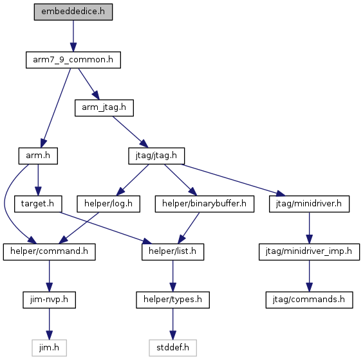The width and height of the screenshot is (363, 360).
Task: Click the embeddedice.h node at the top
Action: point(73,12)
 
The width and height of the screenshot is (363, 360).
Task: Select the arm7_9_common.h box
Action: point(73,60)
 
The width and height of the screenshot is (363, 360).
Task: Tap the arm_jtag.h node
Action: point(104,108)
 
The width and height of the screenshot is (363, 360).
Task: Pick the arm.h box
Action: point(38,156)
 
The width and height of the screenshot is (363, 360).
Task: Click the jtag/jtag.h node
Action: point(156,156)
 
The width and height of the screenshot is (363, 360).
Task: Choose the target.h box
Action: point(38,204)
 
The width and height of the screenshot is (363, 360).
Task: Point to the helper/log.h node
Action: point(108,204)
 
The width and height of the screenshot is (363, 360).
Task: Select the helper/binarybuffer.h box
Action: point(205,204)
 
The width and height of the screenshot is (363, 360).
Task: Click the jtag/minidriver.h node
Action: point(309,204)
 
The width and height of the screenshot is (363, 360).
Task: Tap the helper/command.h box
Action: point(49,252)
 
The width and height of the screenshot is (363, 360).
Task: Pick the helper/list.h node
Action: point(172,252)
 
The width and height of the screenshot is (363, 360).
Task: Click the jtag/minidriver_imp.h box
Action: point(309,252)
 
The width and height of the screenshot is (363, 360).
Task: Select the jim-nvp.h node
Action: point(49,300)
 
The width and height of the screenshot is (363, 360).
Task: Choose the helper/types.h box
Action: point(172,300)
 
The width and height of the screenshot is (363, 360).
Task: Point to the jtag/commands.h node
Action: point(309,300)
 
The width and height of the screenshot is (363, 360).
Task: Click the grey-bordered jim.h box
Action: point(49,348)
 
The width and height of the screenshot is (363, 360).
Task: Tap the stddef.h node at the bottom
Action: point(172,348)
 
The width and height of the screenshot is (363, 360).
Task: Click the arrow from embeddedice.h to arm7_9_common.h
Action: point(73,36)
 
